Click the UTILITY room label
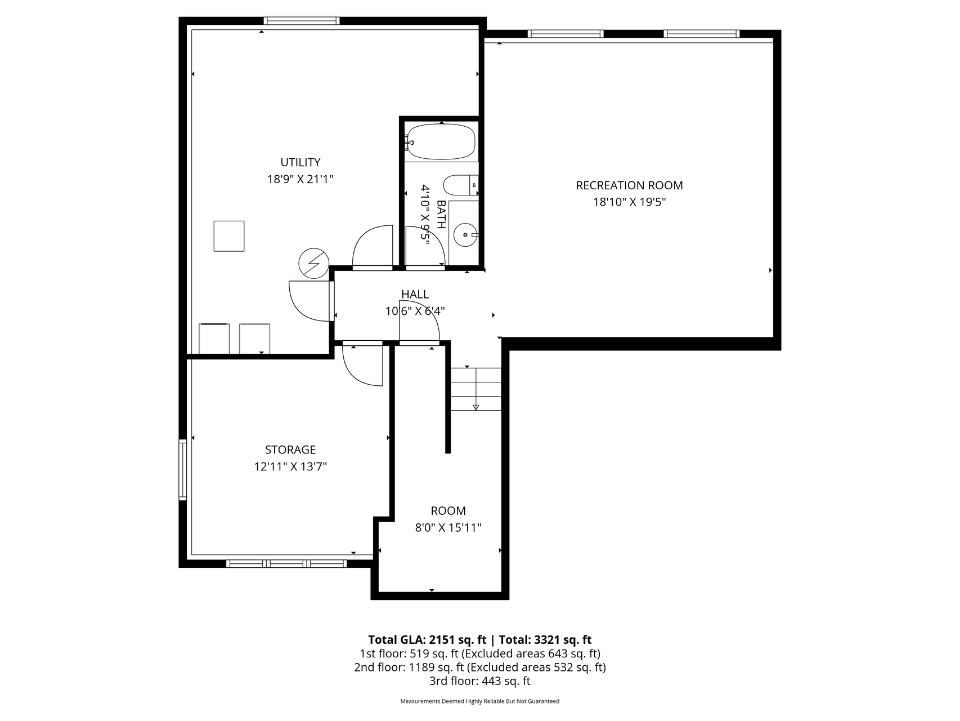click(x=300, y=162)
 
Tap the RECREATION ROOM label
click(x=629, y=185)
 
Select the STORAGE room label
click(x=290, y=449)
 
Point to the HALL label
click(x=415, y=294)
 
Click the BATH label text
click(x=441, y=214)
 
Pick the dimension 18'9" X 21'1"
click(x=300, y=179)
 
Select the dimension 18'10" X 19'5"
click(x=630, y=202)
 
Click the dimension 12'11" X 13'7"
click(x=290, y=466)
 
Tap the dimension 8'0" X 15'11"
click(x=448, y=528)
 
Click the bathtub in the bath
click(x=441, y=142)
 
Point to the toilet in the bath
click(x=461, y=185)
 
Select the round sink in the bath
click(x=466, y=234)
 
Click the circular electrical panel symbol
click(x=313, y=263)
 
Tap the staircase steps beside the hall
click(x=475, y=389)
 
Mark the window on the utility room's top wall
click(x=302, y=21)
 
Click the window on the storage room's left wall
click(x=182, y=469)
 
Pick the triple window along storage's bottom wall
click(x=287, y=563)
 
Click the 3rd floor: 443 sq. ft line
click(x=480, y=681)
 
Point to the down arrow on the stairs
click(x=476, y=407)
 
